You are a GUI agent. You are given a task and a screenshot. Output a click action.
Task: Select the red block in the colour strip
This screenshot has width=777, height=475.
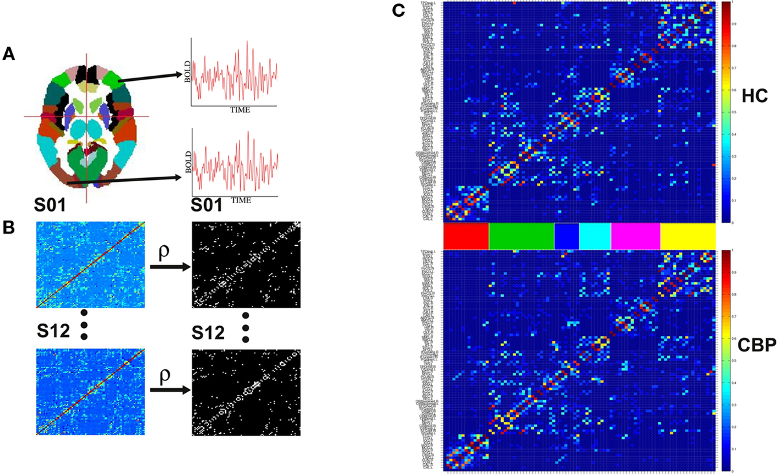pyautogui.click(x=466, y=236)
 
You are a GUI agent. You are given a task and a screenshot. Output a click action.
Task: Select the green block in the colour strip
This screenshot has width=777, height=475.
pyautogui.click(x=522, y=236)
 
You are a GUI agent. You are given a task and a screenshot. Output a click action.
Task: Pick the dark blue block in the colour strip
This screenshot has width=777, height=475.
pyautogui.click(x=567, y=236)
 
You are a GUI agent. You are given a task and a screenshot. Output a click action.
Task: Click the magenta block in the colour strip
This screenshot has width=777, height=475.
pyautogui.click(x=635, y=236)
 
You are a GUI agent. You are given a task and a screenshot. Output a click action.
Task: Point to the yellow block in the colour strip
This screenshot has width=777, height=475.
pyautogui.click(x=688, y=236)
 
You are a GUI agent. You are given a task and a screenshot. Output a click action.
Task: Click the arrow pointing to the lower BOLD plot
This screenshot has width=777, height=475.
pyautogui.click(x=123, y=181)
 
